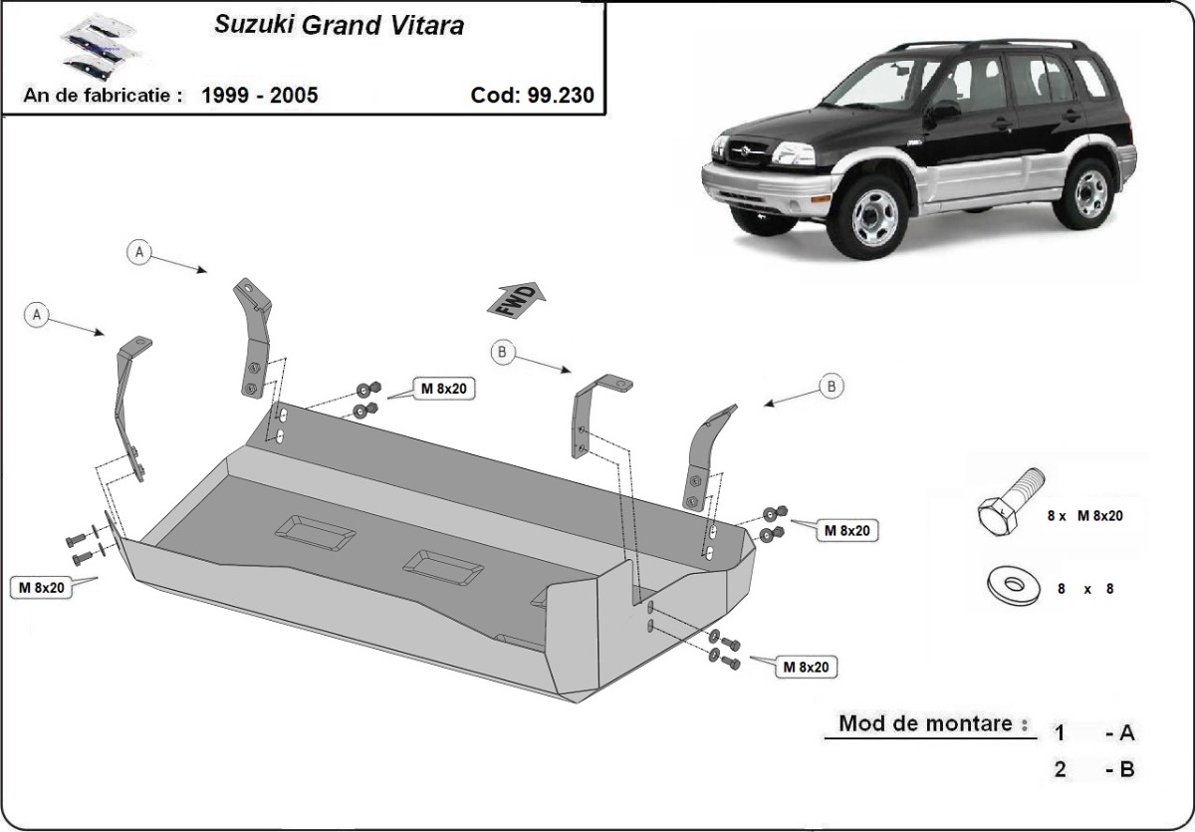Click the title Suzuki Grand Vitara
pyautogui.click(x=339, y=26)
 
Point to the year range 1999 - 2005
pyautogui.click(x=260, y=96)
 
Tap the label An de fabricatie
pyautogui.click(x=105, y=96)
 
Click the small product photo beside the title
pyautogui.click(x=90, y=45)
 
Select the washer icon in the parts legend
pyautogui.click(x=1012, y=586)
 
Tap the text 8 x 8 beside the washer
pyautogui.click(x=1085, y=589)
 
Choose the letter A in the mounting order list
pyautogui.click(x=1126, y=733)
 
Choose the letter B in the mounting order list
pyautogui.click(x=1126, y=769)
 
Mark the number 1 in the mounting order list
pyautogui.click(x=1061, y=733)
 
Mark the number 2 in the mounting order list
pyautogui.click(x=1061, y=769)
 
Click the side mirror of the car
pyautogui.click(x=945, y=111)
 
